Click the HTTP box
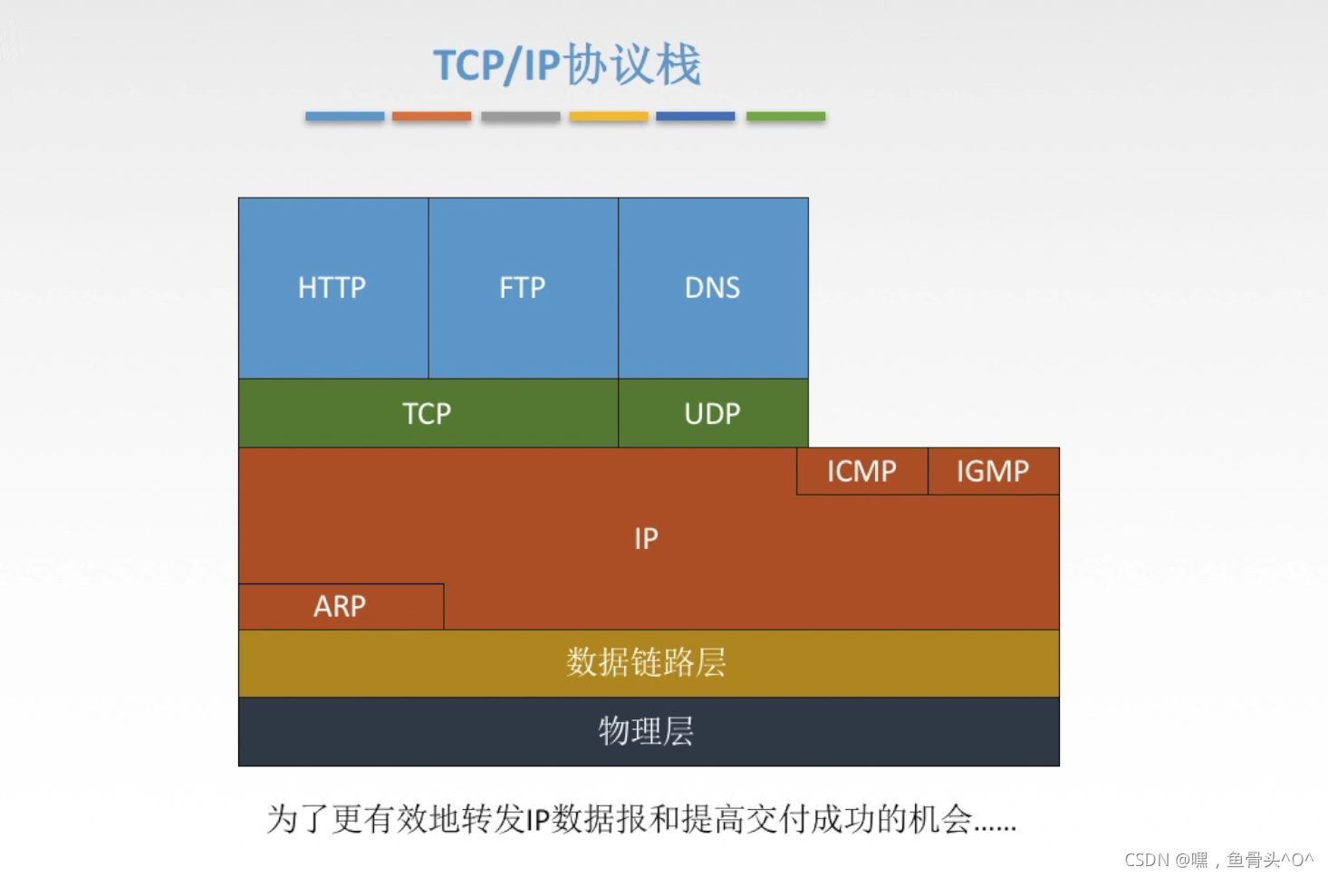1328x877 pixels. pos(332,288)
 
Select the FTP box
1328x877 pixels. pos(523,288)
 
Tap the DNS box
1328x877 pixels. pos(713,288)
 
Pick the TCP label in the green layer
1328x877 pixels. pos(427,414)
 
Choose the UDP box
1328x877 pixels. pos(713,414)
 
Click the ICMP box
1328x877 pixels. pos(861,471)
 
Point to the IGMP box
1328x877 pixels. pos(993,471)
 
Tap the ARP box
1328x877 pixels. pos(341,606)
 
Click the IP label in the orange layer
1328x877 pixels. pos(646,539)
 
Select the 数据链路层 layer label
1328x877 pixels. pos(647,662)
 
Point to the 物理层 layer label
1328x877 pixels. pos(647,731)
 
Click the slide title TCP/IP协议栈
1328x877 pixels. pos(567,65)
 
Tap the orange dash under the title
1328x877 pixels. pos(431,116)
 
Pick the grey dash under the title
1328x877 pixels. pos(521,116)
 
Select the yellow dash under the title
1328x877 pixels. pos(609,116)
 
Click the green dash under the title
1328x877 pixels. pos(785,116)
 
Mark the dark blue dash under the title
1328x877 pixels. pos(696,116)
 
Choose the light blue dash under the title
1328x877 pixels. pos(345,116)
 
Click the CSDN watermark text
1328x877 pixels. pos(1218,860)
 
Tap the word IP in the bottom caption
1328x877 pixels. pos(538,820)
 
